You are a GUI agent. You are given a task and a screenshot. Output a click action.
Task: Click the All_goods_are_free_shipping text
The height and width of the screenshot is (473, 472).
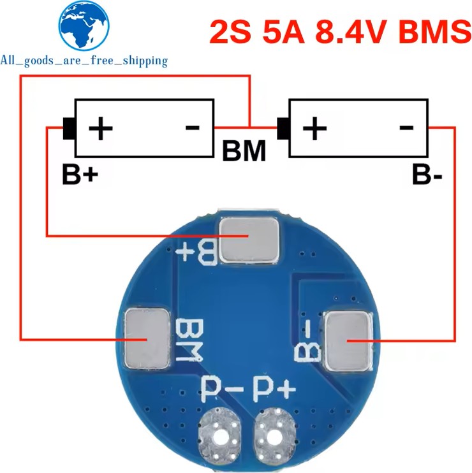(84, 61)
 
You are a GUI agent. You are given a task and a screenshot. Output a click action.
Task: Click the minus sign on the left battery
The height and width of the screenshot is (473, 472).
(192, 127)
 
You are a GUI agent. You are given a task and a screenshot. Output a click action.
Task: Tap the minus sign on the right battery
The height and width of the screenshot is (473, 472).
(406, 127)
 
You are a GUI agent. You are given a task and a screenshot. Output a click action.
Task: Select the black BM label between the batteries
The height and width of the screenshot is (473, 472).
(244, 151)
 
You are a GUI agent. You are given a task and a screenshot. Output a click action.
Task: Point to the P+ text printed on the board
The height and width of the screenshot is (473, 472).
(274, 387)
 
